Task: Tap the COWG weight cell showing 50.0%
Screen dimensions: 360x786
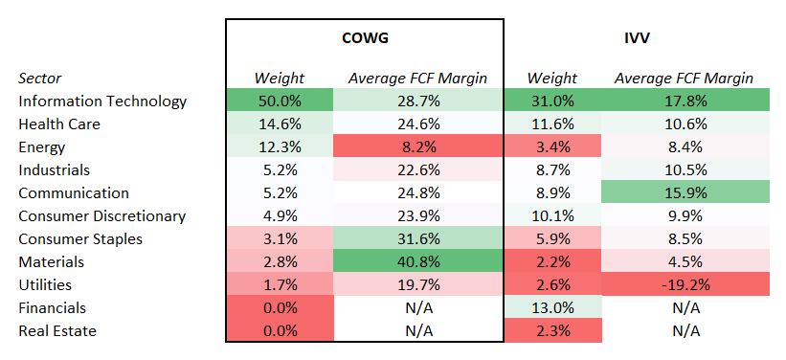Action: click(279, 101)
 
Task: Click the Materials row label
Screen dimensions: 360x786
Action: click(51, 262)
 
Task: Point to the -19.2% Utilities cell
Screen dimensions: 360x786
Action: click(684, 285)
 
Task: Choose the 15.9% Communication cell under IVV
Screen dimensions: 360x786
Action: click(684, 193)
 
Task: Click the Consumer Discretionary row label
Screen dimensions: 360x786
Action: click(101, 216)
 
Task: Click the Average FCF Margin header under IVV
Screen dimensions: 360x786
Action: click(684, 78)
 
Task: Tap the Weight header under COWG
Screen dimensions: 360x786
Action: click(279, 78)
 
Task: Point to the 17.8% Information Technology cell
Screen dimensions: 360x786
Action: click(684, 101)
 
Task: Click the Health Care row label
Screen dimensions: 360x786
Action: click(58, 124)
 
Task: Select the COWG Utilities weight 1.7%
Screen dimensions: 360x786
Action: click(279, 285)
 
